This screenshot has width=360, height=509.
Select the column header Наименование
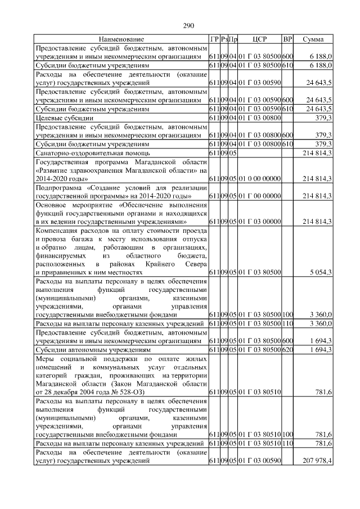[121, 39]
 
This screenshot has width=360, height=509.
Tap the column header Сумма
[313, 39]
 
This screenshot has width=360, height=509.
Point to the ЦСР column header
[259, 39]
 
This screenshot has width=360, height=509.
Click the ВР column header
[287, 39]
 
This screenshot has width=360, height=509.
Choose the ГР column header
[214, 39]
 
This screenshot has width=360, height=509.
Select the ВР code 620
[287, 349]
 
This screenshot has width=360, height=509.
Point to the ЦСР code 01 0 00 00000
[259, 178]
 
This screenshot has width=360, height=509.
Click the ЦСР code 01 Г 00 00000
[259, 195]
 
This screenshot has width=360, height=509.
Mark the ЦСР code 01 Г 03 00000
[259, 222]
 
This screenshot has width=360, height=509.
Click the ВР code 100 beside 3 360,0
[287, 315]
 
